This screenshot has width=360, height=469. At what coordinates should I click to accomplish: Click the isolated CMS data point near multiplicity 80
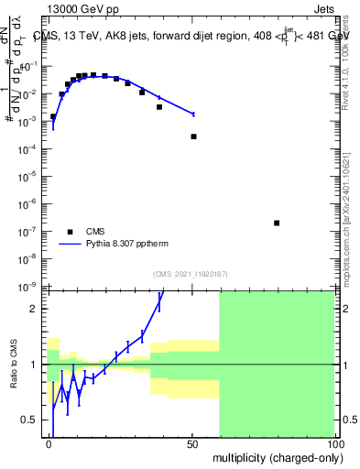(277, 223)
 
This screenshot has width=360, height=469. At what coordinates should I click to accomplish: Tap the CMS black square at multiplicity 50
(193, 136)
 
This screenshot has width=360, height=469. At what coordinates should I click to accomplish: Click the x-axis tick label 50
(192, 442)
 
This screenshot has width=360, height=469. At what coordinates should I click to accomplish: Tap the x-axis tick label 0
(49, 442)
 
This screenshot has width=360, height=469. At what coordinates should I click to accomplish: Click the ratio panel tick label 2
(38, 309)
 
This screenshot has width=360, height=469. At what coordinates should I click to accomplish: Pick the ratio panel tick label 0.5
(33, 420)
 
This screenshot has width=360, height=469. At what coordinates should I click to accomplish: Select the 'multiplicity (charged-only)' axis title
(274, 457)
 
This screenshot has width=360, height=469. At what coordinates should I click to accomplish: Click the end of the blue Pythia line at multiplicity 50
(193, 114)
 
